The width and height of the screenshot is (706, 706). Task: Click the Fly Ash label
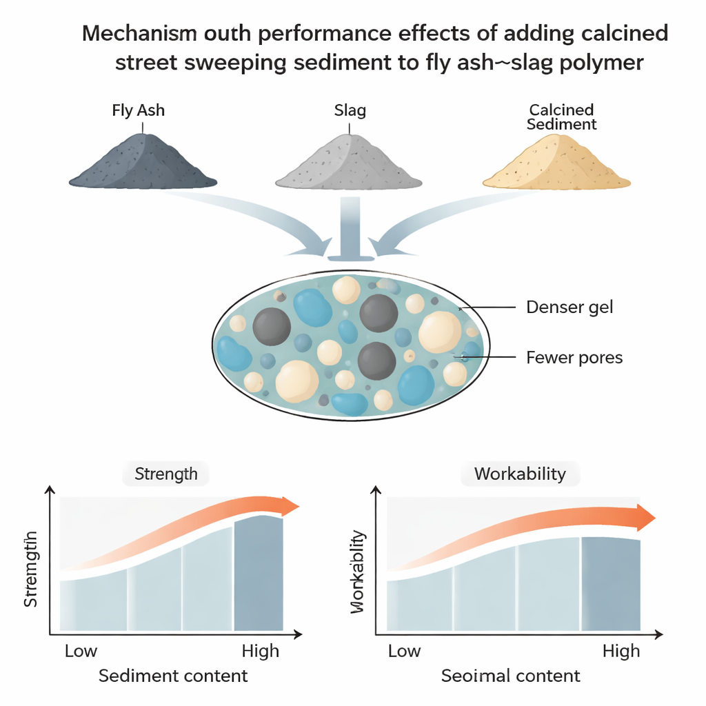(138, 110)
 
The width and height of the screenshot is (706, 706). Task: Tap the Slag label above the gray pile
(350, 110)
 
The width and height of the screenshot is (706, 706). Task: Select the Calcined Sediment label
(561, 117)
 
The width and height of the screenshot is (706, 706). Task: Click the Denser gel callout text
(569, 307)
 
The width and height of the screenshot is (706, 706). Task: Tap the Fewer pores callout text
(574, 357)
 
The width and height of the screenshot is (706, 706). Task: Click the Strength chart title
(165, 474)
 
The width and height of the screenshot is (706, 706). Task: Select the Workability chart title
(519, 474)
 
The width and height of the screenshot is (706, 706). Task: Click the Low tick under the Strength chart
(81, 651)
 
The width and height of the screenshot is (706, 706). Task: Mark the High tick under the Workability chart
(621, 651)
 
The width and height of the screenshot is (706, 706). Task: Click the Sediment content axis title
(173, 676)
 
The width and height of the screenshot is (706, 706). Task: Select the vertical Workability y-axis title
(358, 572)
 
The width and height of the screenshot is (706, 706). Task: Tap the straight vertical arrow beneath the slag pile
(350, 228)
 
